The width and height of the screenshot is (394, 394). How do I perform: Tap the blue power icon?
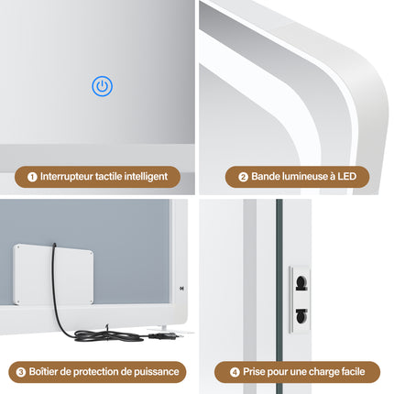click(x=103, y=86)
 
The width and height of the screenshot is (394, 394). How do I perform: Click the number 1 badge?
click(x=32, y=177)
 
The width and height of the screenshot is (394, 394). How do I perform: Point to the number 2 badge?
click(x=243, y=177)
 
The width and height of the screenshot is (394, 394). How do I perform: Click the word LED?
click(x=347, y=176)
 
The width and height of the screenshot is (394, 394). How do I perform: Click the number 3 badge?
click(x=21, y=372)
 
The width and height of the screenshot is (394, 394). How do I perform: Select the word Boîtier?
click(x=43, y=371)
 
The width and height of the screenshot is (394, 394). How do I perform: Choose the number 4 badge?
click(x=235, y=372)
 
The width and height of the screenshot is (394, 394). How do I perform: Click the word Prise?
click(x=253, y=371)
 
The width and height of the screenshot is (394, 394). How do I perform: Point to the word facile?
click(x=354, y=371)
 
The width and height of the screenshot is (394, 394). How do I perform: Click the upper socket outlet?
click(x=301, y=283)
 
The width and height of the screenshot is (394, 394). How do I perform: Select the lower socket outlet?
click(x=301, y=316)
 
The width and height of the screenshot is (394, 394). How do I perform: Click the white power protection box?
click(x=53, y=274)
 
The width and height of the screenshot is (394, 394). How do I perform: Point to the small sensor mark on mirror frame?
click(x=181, y=288)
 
